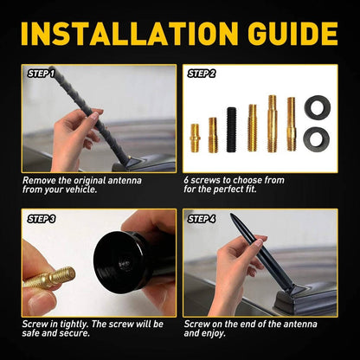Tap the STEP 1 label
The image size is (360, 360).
click(41, 74)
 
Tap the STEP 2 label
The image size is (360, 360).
click(201, 74)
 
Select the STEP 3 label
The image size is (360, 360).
click(41, 220)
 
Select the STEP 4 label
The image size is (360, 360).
click(201, 220)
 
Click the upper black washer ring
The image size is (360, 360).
click(318, 107)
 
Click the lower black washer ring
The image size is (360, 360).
click(318, 137)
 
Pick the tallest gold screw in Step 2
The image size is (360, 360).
click(272, 124)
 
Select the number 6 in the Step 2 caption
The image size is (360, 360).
click(188, 180)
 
